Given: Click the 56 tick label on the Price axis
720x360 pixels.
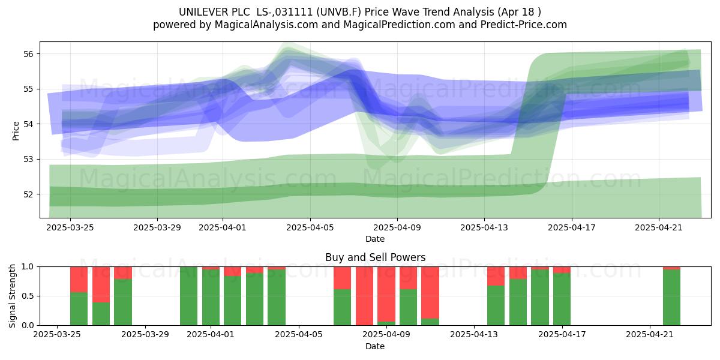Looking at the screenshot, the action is (x=28, y=53).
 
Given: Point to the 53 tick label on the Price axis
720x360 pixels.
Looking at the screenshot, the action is (x=28, y=159).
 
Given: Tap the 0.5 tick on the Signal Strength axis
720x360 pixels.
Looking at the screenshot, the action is (x=28, y=296).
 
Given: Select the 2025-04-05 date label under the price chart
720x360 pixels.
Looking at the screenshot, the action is (x=310, y=227).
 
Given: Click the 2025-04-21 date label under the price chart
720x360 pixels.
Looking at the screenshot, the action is (x=659, y=227).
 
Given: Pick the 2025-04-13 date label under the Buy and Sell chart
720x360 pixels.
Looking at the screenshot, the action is (x=474, y=335).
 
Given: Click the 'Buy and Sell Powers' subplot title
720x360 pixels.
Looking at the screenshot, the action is (x=375, y=257).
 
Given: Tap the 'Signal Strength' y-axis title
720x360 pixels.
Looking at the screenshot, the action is (x=12, y=296).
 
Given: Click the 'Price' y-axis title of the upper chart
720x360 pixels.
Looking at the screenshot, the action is (x=16, y=131).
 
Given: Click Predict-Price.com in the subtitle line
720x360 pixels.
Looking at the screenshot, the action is (x=524, y=25).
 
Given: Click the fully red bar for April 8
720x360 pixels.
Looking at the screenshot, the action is (x=365, y=296).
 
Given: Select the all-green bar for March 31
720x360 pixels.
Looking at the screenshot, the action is (x=188, y=296).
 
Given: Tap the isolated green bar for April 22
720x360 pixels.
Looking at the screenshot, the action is (x=672, y=298).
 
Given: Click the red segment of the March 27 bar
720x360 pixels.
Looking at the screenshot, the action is (x=101, y=284).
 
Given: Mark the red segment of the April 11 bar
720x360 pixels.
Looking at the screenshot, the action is (x=430, y=293).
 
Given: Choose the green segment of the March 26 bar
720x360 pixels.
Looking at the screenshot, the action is (x=79, y=308).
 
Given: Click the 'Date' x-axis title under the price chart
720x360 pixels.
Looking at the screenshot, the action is (x=375, y=239).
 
